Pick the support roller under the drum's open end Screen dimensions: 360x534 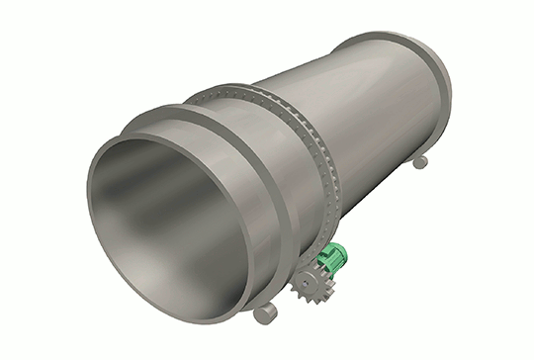pos(266,315)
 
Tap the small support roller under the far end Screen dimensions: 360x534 pos(419,161)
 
